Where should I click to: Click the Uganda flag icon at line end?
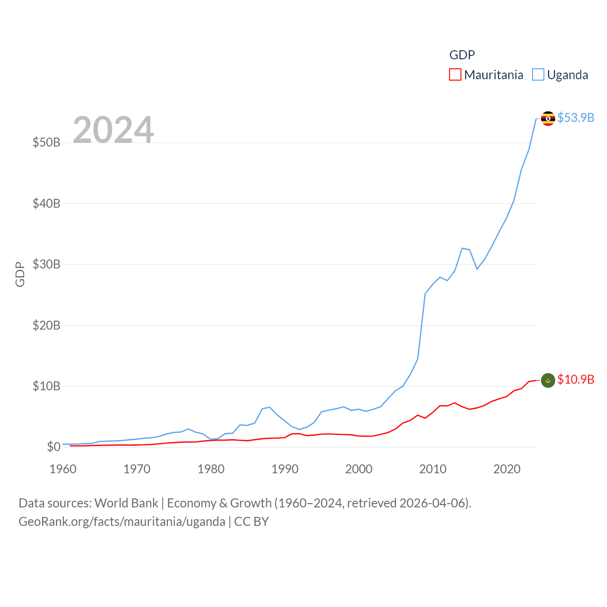coord(548,118)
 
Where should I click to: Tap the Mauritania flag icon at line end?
coord(548,380)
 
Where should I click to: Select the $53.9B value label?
coord(576,118)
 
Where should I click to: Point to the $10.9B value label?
coord(576,379)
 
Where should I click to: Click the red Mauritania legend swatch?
coord(455,75)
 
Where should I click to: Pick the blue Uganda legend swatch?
coord(538,75)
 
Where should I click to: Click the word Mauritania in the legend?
coord(494,75)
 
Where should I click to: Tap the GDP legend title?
coord(462,55)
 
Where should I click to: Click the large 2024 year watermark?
coord(113,130)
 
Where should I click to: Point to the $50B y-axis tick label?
coord(46,142)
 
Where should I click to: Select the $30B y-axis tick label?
coord(46,264)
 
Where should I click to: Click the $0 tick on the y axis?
coord(54,447)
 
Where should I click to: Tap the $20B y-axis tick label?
coord(46,325)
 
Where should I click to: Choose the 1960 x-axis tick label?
coord(63,469)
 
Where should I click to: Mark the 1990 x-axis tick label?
coord(285,469)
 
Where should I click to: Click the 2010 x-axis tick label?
coord(433,469)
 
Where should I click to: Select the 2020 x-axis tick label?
coord(507,469)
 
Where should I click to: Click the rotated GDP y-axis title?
coord(20,274)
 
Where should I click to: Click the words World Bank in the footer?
coord(126,503)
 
